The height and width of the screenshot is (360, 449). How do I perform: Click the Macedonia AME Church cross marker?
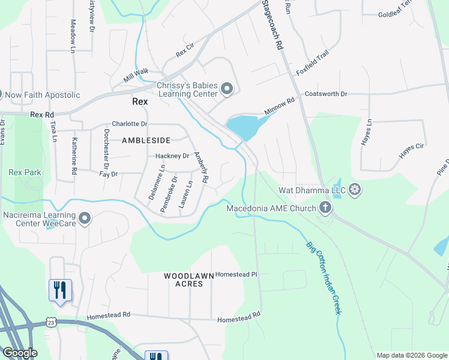click(325, 208)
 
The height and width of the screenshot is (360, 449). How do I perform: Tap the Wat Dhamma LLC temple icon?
click(355, 190)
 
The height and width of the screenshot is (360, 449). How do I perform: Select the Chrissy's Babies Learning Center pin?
click(227, 90)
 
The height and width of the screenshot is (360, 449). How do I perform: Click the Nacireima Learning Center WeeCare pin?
click(85, 219)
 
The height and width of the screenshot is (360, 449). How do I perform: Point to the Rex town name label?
click(140, 101)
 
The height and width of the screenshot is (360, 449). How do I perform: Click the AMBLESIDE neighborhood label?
click(146, 140)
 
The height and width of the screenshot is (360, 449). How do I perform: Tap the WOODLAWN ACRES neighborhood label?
click(189, 280)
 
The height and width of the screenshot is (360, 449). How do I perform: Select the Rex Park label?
click(25, 172)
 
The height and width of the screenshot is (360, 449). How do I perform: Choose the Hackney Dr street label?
click(172, 156)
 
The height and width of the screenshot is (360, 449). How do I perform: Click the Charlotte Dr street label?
click(129, 124)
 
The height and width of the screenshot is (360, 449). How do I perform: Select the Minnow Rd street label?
click(280, 107)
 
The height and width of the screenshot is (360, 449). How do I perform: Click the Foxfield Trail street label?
click(313, 63)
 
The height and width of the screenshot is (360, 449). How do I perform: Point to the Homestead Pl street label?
click(236, 274)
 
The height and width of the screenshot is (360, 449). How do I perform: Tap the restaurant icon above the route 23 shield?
click(60, 290)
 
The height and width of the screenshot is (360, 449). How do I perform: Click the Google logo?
click(19, 353)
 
